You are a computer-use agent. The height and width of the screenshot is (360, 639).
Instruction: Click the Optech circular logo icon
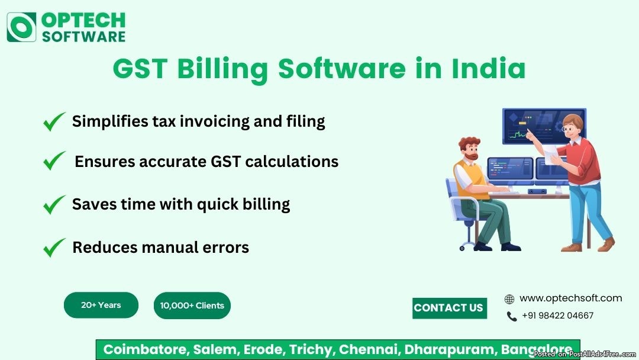(x=21, y=27)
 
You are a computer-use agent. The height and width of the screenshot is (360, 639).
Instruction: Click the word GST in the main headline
(x=140, y=69)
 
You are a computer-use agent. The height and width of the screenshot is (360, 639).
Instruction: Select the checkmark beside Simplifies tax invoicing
(x=54, y=121)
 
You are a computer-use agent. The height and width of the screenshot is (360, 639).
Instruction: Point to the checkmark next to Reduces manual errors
(x=54, y=247)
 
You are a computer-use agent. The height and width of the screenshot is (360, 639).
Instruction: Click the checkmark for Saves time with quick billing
(x=54, y=205)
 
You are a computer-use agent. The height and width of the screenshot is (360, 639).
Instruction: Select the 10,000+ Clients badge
(x=192, y=306)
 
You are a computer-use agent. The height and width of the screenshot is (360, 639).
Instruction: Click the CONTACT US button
(x=450, y=308)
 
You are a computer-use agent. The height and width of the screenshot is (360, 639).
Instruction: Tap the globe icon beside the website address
(x=509, y=299)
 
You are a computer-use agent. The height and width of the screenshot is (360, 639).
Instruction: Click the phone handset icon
(x=511, y=316)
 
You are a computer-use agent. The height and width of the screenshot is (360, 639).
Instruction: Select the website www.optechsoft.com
(x=570, y=298)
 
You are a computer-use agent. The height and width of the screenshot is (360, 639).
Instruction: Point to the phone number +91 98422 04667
(x=557, y=316)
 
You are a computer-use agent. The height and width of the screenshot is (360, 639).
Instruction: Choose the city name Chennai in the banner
(x=367, y=349)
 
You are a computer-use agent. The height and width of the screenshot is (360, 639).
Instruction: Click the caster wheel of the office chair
(x=462, y=248)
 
